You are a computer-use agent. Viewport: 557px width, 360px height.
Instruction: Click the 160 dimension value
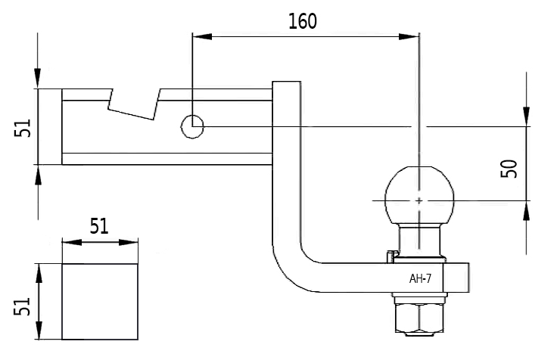[303, 20]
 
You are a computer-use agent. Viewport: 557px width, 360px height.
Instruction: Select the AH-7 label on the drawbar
[420, 278]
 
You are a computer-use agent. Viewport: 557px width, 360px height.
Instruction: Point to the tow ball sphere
[419, 194]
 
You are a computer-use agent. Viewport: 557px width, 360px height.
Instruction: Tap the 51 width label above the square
[99, 225]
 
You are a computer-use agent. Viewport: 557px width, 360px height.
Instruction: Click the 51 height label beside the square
[23, 306]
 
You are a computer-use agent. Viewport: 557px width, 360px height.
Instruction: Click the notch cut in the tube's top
[134, 104]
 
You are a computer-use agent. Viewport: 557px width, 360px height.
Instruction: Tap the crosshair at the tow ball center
[419, 200]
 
